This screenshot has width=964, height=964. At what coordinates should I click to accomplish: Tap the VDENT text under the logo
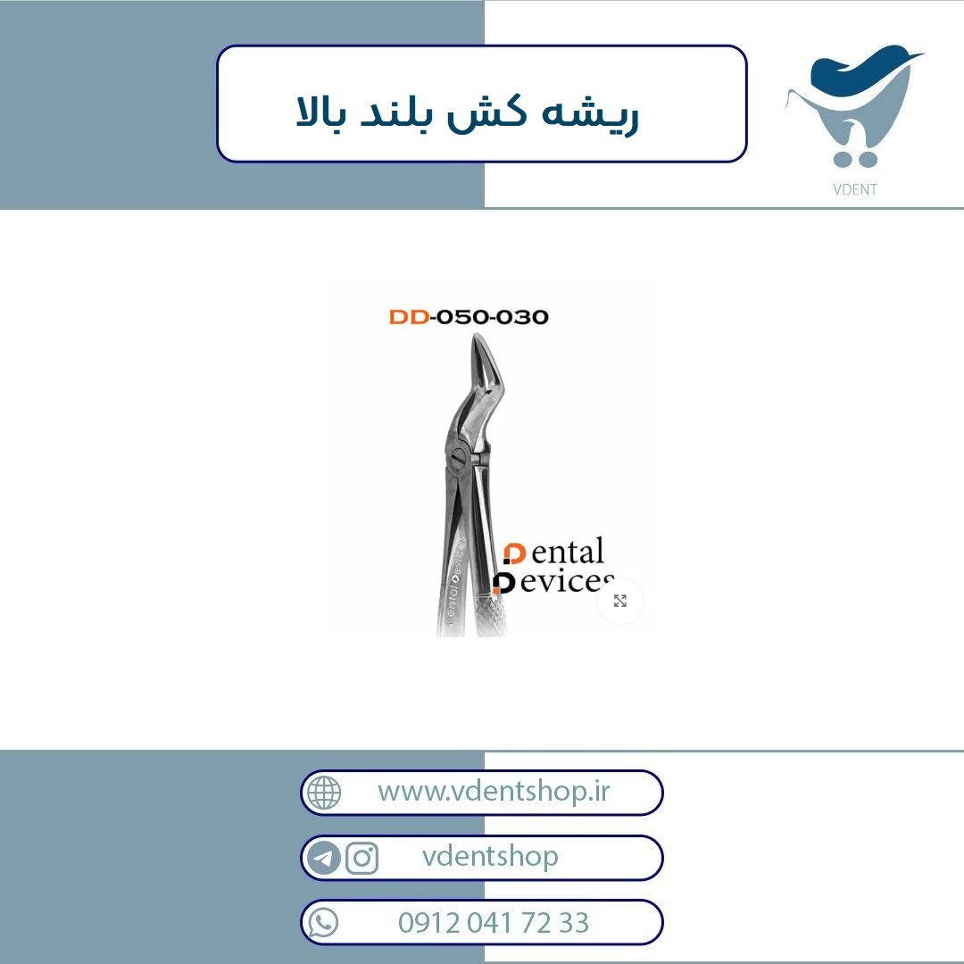tap(854, 189)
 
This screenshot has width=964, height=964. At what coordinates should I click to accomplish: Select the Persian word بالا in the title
tap(321, 112)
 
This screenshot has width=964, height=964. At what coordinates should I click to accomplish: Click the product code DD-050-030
tap(469, 317)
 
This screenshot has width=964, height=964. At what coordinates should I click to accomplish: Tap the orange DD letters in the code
tap(409, 317)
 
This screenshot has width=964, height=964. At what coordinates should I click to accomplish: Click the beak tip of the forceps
tap(476, 337)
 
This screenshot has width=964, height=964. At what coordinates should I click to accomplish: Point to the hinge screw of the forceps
tap(459, 458)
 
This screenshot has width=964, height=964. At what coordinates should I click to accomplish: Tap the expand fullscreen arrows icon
tap(620, 601)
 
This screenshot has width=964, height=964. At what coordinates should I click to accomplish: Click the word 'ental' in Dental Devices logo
tap(568, 553)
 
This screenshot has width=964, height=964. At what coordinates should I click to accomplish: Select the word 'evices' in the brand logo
tap(567, 581)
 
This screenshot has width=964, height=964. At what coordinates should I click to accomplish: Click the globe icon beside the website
tap(323, 793)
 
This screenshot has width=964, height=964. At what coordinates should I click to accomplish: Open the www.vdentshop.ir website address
tap(494, 791)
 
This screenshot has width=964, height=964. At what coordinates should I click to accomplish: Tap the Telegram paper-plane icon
tap(323, 858)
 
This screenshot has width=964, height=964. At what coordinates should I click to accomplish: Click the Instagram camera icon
tap(362, 858)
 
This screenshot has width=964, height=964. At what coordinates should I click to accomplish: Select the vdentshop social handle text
tap(490, 856)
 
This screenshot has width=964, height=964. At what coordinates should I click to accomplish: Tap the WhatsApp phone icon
tap(323, 923)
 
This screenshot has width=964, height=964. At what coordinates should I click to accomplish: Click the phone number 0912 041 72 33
tap(494, 922)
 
